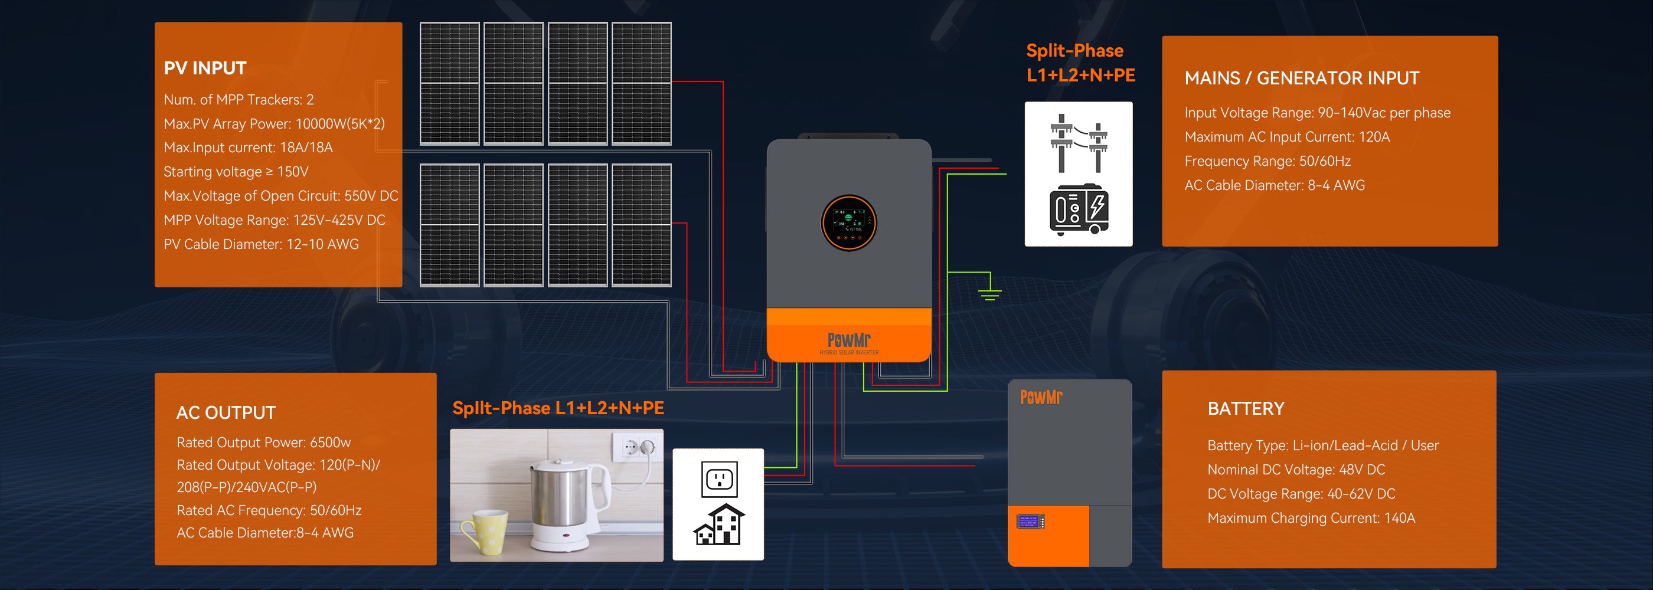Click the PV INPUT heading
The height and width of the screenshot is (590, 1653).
pos(205,68)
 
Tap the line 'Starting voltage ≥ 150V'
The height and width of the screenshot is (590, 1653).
pos(236,172)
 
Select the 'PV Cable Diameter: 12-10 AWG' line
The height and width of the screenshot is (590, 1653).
pos(260,244)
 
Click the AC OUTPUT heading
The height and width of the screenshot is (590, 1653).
pos(226,412)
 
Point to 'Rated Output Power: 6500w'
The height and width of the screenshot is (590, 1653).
pos(263,442)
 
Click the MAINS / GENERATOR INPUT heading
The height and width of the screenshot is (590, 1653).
pos(1301,78)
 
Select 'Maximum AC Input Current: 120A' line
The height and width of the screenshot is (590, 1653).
pos(1286,137)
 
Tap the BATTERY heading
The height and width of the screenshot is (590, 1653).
pos(1246,408)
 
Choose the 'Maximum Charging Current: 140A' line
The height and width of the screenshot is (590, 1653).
pos(1311,518)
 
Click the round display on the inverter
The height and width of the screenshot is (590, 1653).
pos(849,222)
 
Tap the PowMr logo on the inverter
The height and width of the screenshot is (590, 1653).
pos(849,340)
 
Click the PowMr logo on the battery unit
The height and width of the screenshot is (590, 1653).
pos(1041,398)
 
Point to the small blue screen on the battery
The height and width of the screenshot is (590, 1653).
pos(1030,522)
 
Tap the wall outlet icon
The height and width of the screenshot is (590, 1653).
pos(718,479)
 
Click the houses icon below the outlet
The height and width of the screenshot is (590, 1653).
pos(718,525)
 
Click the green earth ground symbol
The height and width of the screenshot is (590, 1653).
pos(990,294)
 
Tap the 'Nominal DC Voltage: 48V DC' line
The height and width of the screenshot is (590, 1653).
pos(1296,470)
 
